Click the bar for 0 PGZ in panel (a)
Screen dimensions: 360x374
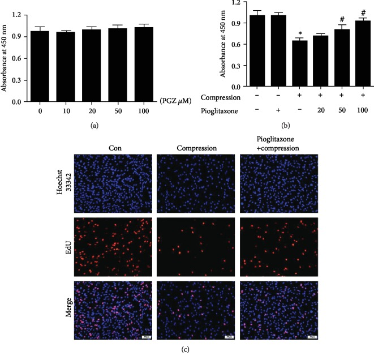pos(38,66)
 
